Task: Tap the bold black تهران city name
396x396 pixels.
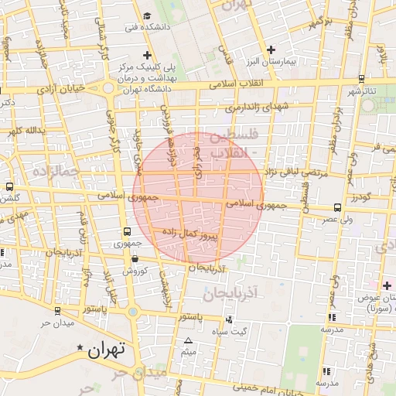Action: click(106, 350)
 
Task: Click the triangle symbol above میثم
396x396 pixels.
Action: click(188, 341)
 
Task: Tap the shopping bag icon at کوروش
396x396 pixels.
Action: click(135, 259)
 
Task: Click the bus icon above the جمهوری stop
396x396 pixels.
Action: click(128, 231)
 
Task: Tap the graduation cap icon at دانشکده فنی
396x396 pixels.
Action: click(147, 15)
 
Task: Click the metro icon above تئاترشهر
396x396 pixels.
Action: click(361, 78)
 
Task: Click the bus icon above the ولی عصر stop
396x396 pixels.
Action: click(338, 207)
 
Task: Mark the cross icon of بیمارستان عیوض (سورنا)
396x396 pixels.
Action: click(387, 285)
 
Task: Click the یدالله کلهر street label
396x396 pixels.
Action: click(21, 131)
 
